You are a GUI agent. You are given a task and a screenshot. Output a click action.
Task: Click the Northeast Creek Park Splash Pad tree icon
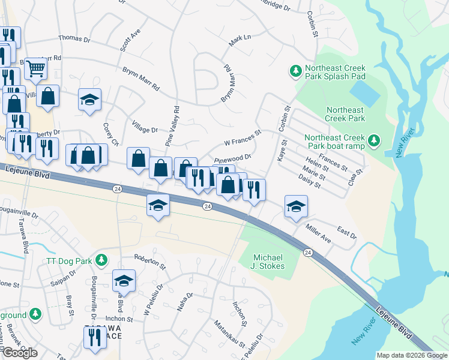coord(295,71)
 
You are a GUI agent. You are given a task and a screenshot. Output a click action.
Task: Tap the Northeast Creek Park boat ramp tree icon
coord(375,141)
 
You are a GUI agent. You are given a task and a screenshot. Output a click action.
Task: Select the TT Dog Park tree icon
coord(101,260)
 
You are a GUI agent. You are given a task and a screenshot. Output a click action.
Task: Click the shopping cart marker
coord(36,68)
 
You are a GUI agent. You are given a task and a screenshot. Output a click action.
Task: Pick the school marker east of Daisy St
coord(296,207)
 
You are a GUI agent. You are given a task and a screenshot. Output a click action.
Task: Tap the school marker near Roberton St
coord(124,280)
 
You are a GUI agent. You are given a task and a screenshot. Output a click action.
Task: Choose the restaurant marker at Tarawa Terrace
coord(94,337)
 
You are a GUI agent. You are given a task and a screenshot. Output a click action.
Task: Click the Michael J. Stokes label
coord(268,261)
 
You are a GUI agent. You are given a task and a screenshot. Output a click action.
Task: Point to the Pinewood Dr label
coord(232,159)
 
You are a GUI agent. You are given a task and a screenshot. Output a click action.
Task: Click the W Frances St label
coord(243,139)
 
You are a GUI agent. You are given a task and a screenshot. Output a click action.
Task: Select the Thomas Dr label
coord(74,39)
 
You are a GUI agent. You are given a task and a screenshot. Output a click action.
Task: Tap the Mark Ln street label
coord(239,41)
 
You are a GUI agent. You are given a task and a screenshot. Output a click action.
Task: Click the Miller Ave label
coord(318,235)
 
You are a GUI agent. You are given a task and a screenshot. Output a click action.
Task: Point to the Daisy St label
coord(310,181)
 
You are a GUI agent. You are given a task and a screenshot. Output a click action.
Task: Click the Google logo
coord(20,353)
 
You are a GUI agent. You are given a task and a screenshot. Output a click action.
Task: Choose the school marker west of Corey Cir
coord(90,100)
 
